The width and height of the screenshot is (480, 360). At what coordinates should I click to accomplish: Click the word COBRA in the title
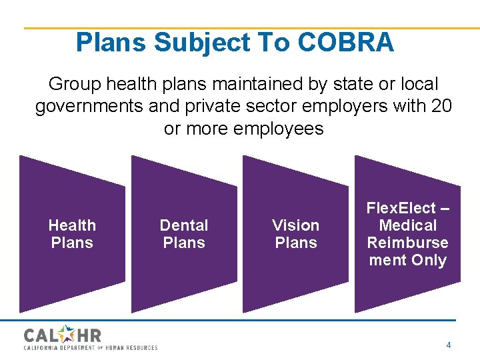pyautogui.click(x=346, y=43)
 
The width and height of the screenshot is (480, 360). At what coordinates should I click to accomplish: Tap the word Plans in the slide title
pyautogui.click(x=111, y=43)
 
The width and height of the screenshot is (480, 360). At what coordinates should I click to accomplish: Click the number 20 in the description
pyautogui.click(x=441, y=106)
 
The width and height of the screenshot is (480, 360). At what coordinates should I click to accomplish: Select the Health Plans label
pyautogui.click(x=72, y=234)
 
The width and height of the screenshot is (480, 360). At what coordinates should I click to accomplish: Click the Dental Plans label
pyautogui.click(x=184, y=234)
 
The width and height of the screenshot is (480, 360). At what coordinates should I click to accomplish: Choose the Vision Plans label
pyautogui.click(x=296, y=234)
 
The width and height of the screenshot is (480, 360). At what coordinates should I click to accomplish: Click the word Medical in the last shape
pyautogui.click(x=407, y=225)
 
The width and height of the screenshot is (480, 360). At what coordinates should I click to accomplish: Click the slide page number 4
pyautogui.click(x=449, y=345)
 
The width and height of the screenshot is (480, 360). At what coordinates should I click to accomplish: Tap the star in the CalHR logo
pyautogui.click(x=69, y=333)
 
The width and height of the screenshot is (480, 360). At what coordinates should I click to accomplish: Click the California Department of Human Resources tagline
pyautogui.click(x=91, y=347)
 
